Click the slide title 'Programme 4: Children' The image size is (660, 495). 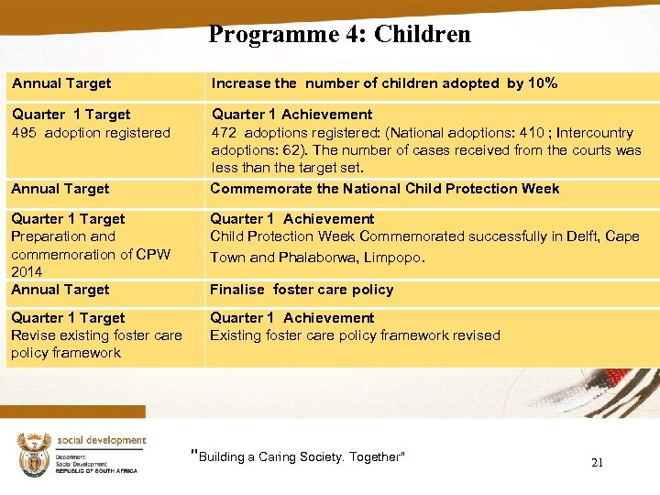[339, 35]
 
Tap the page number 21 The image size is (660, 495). [597, 462]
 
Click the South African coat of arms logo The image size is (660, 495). [33, 455]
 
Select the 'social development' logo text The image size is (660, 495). [102, 440]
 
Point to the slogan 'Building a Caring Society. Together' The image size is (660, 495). [299, 456]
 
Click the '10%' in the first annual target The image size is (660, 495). [543, 83]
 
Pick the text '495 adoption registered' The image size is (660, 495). [91, 133]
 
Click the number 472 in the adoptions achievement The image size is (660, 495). [225, 133]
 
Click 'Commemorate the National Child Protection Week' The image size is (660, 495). [385, 189]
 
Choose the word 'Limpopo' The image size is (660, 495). [392, 258]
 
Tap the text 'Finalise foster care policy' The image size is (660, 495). [302, 290]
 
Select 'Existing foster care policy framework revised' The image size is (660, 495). [356, 335]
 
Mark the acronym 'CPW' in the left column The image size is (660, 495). [151, 254]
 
